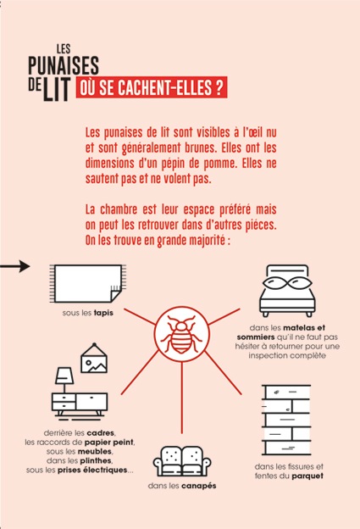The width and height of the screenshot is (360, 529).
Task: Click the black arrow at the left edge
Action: tap(15, 266)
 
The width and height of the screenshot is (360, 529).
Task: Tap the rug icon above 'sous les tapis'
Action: tap(87, 284)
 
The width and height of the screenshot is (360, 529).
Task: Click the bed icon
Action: tap(287, 291)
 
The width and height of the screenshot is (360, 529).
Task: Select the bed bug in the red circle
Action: tap(181, 334)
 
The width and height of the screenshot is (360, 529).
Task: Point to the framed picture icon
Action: tap(94, 359)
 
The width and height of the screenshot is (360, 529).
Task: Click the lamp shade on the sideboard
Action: tap(64, 376)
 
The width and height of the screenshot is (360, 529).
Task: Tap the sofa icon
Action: tap(182, 461)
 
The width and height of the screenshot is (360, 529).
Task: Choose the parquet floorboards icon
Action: tap(286, 420)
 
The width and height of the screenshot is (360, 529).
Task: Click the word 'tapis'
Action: tap(103, 313)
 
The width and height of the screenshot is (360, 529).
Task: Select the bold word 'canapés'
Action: tap(199, 486)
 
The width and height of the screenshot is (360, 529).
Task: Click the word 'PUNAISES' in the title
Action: tap(64, 65)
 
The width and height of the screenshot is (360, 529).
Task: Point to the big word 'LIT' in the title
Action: tap(57, 89)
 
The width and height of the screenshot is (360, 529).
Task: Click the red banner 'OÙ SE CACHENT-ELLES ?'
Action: tap(152, 87)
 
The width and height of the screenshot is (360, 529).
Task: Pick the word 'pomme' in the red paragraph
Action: tap(219, 164)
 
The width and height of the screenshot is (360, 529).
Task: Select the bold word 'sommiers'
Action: tap(256, 337)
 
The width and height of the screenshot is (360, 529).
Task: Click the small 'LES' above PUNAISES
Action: tap(64, 49)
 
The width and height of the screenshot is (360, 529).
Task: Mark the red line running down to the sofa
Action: tap(181, 398)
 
